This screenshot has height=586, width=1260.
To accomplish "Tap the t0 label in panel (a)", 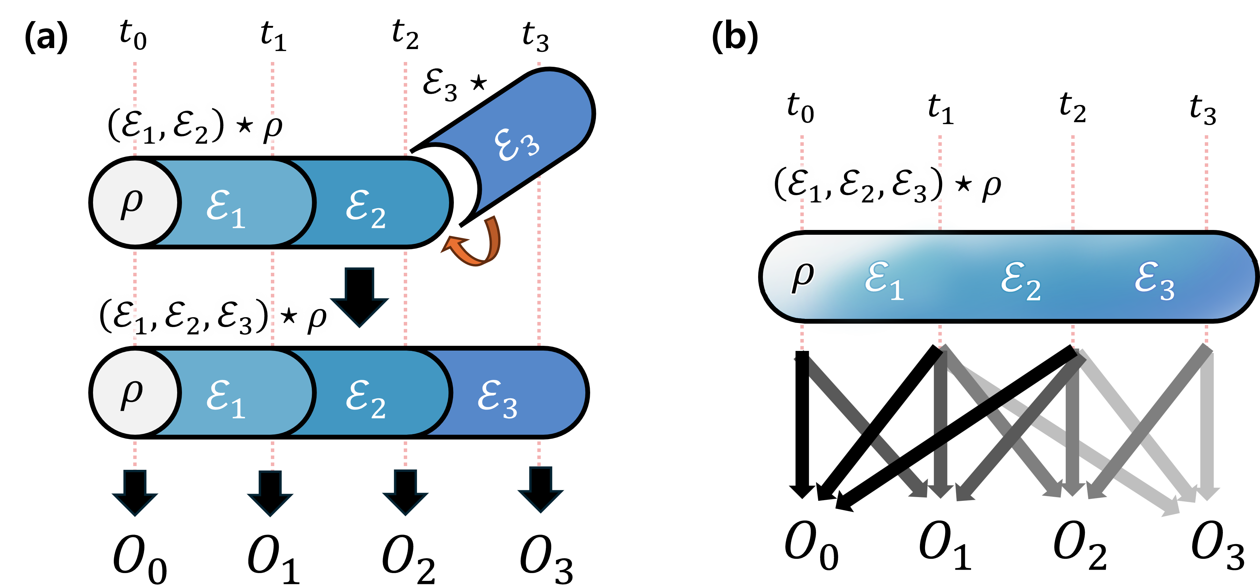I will point(133,35).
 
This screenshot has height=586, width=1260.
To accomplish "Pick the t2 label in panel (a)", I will point(405,35).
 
